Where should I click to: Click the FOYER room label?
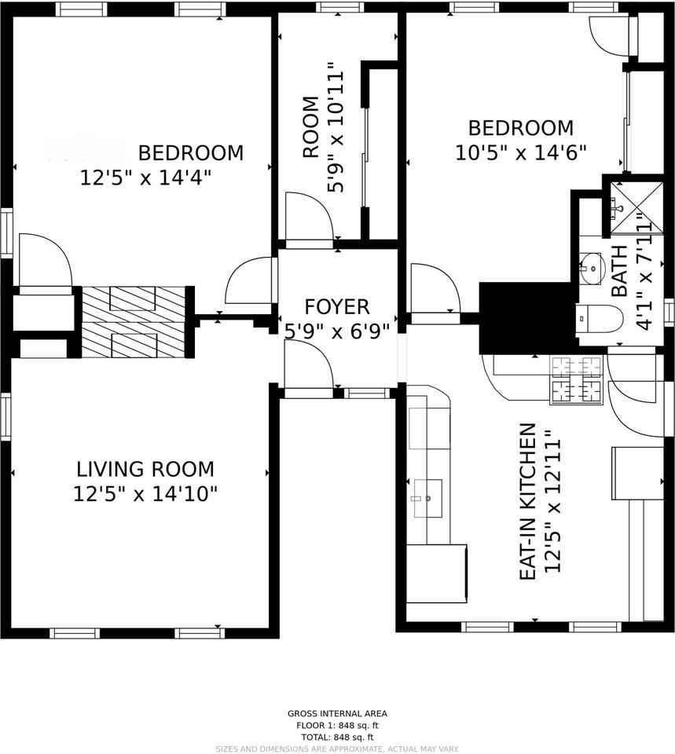[336, 306]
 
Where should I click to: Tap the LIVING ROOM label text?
[145, 470]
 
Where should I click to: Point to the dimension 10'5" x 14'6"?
[521, 152]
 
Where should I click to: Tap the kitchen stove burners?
[576, 379]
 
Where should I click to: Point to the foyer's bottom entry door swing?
[308, 366]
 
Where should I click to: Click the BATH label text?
[619, 271]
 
